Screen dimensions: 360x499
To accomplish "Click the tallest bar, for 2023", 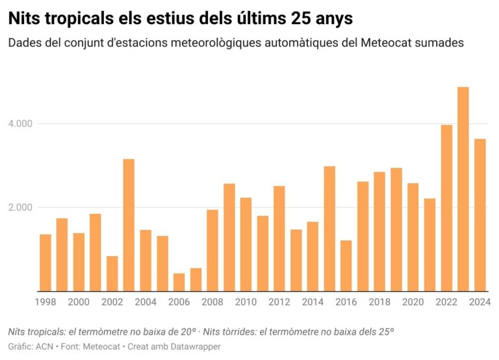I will click(x=463, y=189).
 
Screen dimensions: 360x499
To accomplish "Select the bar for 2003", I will click(x=129, y=225).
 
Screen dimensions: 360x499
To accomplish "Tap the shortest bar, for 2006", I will click(x=179, y=282).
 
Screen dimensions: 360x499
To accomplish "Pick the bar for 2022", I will click(x=446, y=208).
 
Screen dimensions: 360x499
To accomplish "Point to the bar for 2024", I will click(x=480, y=215).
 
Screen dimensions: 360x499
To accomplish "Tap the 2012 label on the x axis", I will click(x=279, y=302).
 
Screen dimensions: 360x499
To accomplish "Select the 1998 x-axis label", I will click(x=45, y=302).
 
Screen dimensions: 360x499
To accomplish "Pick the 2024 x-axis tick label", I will click(x=480, y=302).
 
